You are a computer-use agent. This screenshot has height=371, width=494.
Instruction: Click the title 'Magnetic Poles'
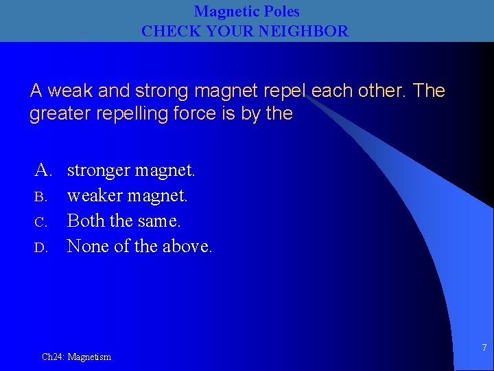246,12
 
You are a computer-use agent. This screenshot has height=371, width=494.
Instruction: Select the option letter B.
40,197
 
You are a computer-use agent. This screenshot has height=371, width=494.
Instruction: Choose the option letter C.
40,222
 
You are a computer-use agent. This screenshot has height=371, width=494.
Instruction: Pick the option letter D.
40,247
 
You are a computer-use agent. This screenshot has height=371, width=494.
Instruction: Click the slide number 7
484,348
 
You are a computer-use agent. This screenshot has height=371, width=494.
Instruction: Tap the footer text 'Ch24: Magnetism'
76,357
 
